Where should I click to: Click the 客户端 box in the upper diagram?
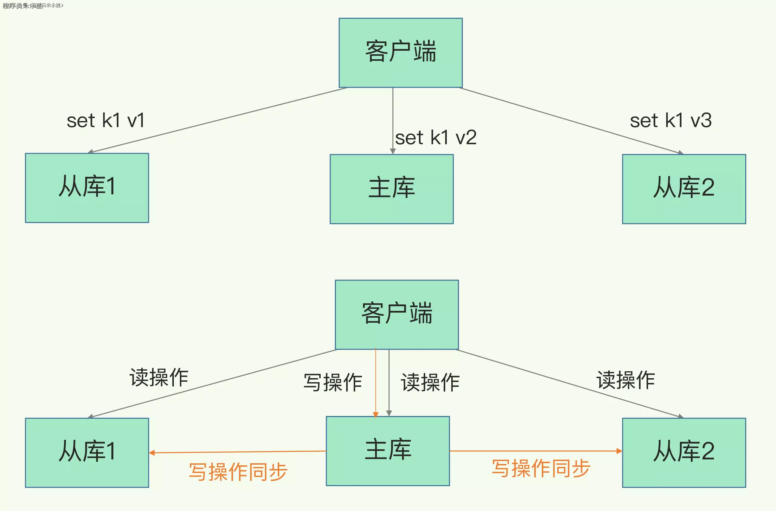[x=401, y=53]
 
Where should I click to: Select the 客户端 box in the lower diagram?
[x=397, y=314]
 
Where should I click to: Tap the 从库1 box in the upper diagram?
[x=87, y=188]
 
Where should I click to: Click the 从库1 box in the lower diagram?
[x=87, y=452]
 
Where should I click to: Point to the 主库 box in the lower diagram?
[x=388, y=451]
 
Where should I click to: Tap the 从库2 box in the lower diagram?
[x=684, y=452]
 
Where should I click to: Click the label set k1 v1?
[x=105, y=121]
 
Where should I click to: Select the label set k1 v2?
[x=436, y=137]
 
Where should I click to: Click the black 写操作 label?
[x=333, y=382]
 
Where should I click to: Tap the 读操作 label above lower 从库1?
[x=159, y=377]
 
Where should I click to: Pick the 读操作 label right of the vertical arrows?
[x=430, y=382]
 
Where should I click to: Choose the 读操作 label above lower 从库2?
[x=625, y=380]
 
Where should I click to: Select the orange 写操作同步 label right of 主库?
[x=541, y=468]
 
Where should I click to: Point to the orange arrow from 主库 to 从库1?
[x=238, y=452]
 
